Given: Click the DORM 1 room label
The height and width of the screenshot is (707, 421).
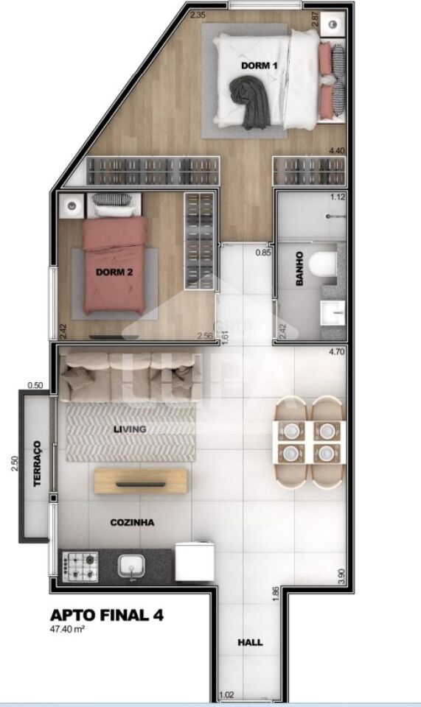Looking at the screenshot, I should (259, 66).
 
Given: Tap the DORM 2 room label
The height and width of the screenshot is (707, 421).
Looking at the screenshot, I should (114, 272).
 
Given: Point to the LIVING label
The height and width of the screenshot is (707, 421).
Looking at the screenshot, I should (131, 429).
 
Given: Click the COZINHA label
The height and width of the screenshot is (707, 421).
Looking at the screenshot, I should (132, 522).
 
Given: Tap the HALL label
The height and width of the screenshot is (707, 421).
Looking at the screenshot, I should (250, 642).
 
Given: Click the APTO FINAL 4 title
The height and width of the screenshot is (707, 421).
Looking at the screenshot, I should (106, 614).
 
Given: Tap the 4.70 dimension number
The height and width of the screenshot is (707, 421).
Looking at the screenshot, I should (337, 351).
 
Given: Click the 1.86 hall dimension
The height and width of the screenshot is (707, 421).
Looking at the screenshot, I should (274, 594).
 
